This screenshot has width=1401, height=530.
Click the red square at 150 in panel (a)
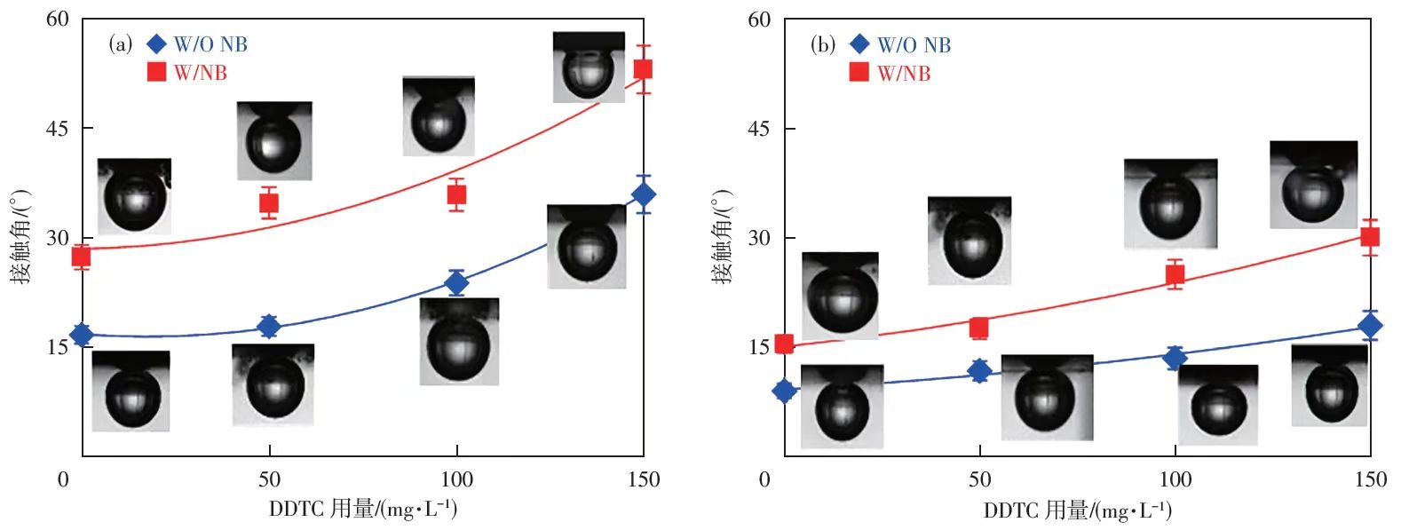pos(643,69)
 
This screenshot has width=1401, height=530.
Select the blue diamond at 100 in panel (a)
pos(456,283)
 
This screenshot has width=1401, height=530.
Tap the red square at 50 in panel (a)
pos(269,203)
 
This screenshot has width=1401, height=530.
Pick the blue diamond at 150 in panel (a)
pos(644,194)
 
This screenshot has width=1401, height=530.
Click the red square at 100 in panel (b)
pos(1175,275)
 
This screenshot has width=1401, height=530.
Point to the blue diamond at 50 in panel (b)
pos(979,371)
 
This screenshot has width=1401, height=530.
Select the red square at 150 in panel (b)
pos(1370,237)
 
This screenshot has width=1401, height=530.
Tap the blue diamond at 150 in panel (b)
pos(1370,326)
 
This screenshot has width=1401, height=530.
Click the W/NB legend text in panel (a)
pos(200,73)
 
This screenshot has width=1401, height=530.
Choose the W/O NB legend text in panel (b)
pos(914,45)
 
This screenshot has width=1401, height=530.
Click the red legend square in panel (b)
pos(859,72)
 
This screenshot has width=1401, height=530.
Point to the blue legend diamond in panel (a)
pos(156,44)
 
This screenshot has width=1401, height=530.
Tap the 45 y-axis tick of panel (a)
pos(58,129)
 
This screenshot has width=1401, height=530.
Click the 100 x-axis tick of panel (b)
pos(1175,480)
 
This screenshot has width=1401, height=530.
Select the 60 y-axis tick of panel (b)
pos(759,20)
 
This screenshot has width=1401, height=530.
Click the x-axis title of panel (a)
pos(363,509)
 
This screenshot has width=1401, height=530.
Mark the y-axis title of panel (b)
pos(723,237)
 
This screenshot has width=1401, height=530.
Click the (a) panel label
pos(121,44)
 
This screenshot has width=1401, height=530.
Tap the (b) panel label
pos(823,45)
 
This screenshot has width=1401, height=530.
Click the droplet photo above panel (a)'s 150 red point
pos(589,67)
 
